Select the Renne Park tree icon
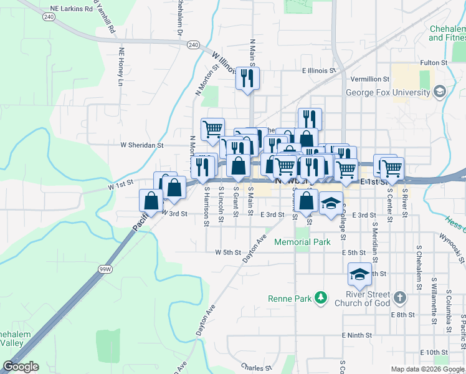(x=321, y=298)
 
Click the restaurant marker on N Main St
(x=249, y=79)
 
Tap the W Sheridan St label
(x=141, y=145)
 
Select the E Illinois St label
(x=319, y=71)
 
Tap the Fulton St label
(x=434, y=63)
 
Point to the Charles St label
(x=257, y=368)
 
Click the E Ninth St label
(x=355, y=335)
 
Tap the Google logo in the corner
(x=21, y=367)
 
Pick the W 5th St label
(x=227, y=252)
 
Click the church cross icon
(x=399, y=298)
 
